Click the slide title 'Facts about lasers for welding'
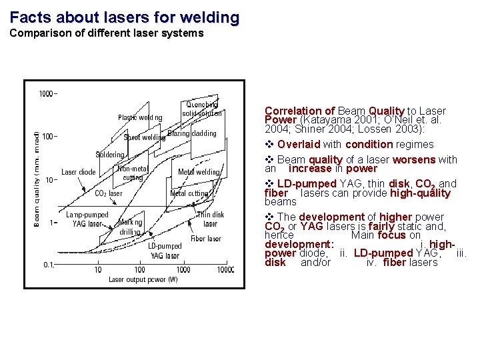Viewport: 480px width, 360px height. tap(125, 17)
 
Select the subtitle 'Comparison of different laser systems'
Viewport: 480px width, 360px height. tap(107, 33)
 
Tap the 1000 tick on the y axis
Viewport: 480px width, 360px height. tap(47, 94)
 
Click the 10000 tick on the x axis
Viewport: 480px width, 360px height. tap(225, 270)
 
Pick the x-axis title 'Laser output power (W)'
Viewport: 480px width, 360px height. tap(143, 279)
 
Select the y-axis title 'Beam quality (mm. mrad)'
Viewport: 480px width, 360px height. tap(36, 179)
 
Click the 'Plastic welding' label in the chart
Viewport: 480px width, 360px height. tap(140, 118)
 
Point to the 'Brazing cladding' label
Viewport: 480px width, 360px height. tap(192, 133)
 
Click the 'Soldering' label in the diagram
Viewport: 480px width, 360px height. tap(110, 155)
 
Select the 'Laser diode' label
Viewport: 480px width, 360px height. tap(79, 172)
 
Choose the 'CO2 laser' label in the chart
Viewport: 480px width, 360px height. tap(108, 193)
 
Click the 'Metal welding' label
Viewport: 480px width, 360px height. tap(199, 172)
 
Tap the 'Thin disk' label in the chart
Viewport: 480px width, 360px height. tap(211, 215)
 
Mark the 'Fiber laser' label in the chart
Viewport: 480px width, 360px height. tap(206, 239)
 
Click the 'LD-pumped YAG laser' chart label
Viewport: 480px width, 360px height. tap(164, 251)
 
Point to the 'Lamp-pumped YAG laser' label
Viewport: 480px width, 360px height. tap(87, 219)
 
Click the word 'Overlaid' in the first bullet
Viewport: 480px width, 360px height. tap(299, 145)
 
